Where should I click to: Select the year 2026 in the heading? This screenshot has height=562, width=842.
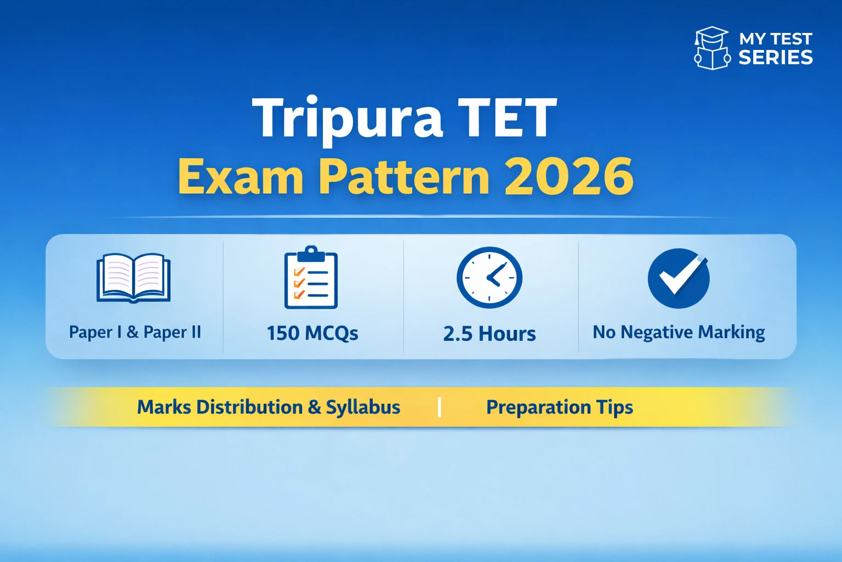(568, 176)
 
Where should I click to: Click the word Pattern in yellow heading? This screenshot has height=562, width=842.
(404, 176)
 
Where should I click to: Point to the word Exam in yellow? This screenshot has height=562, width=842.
(241, 176)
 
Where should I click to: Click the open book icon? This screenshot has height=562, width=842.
(133, 278)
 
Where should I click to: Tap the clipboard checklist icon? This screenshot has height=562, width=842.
(311, 278)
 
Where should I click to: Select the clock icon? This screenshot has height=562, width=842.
(490, 277)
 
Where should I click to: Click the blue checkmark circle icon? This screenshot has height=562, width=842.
(679, 278)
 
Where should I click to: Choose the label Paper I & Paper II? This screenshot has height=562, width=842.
(135, 332)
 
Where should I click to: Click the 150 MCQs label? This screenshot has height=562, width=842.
(312, 333)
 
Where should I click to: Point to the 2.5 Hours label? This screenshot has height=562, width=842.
(490, 334)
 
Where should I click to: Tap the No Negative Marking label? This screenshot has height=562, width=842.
(679, 332)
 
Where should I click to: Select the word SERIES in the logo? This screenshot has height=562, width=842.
(776, 58)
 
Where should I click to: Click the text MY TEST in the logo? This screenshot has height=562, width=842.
(775, 39)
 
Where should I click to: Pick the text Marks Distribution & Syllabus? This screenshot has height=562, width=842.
(269, 407)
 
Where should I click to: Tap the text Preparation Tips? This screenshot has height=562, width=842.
(560, 407)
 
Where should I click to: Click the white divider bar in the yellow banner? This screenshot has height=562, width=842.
(440, 407)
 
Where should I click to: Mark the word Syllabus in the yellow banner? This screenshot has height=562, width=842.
(363, 407)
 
